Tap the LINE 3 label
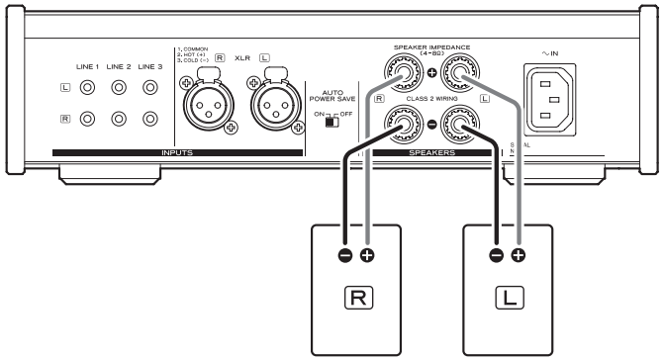[x=150, y=65]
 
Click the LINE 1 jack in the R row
[x=87, y=121]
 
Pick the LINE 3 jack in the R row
[x=150, y=121]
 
